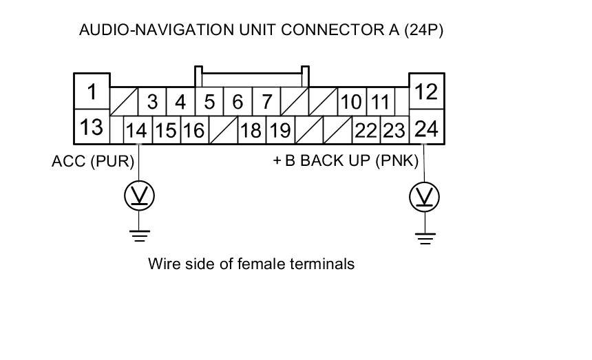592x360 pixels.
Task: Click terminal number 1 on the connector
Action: [92, 91]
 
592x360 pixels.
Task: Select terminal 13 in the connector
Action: [92, 127]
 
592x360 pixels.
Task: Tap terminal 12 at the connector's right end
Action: [427, 91]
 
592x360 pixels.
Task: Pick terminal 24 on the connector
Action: [427, 128]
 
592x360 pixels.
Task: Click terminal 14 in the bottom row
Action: [138, 130]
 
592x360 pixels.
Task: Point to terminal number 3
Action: [152, 103]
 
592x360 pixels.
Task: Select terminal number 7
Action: [266, 103]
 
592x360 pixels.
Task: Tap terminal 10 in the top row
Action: [351, 103]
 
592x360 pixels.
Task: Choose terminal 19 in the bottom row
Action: [279, 130]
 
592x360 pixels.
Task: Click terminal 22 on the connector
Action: [366, 130]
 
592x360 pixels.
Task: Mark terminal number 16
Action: [194, 130]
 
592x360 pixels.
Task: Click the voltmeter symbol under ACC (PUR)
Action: [140, 197]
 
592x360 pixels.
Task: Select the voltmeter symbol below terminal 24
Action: [425, 198]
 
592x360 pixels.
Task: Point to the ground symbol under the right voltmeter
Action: [425, 238]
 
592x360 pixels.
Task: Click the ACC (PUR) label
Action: [92, 162]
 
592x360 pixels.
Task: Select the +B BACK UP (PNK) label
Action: [346, 162]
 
